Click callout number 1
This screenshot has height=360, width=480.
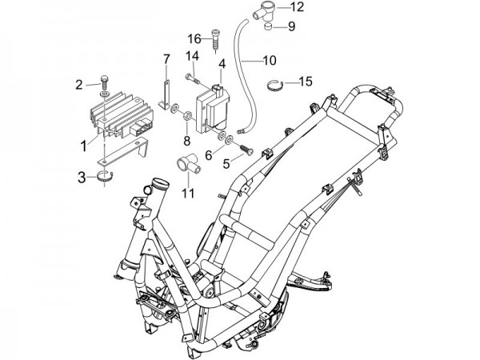82,146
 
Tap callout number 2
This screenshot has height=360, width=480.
80,85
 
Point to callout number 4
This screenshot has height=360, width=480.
222,62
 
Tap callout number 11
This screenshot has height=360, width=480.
187,193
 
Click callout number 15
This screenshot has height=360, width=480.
306,81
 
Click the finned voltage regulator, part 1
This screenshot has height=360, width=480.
118,117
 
